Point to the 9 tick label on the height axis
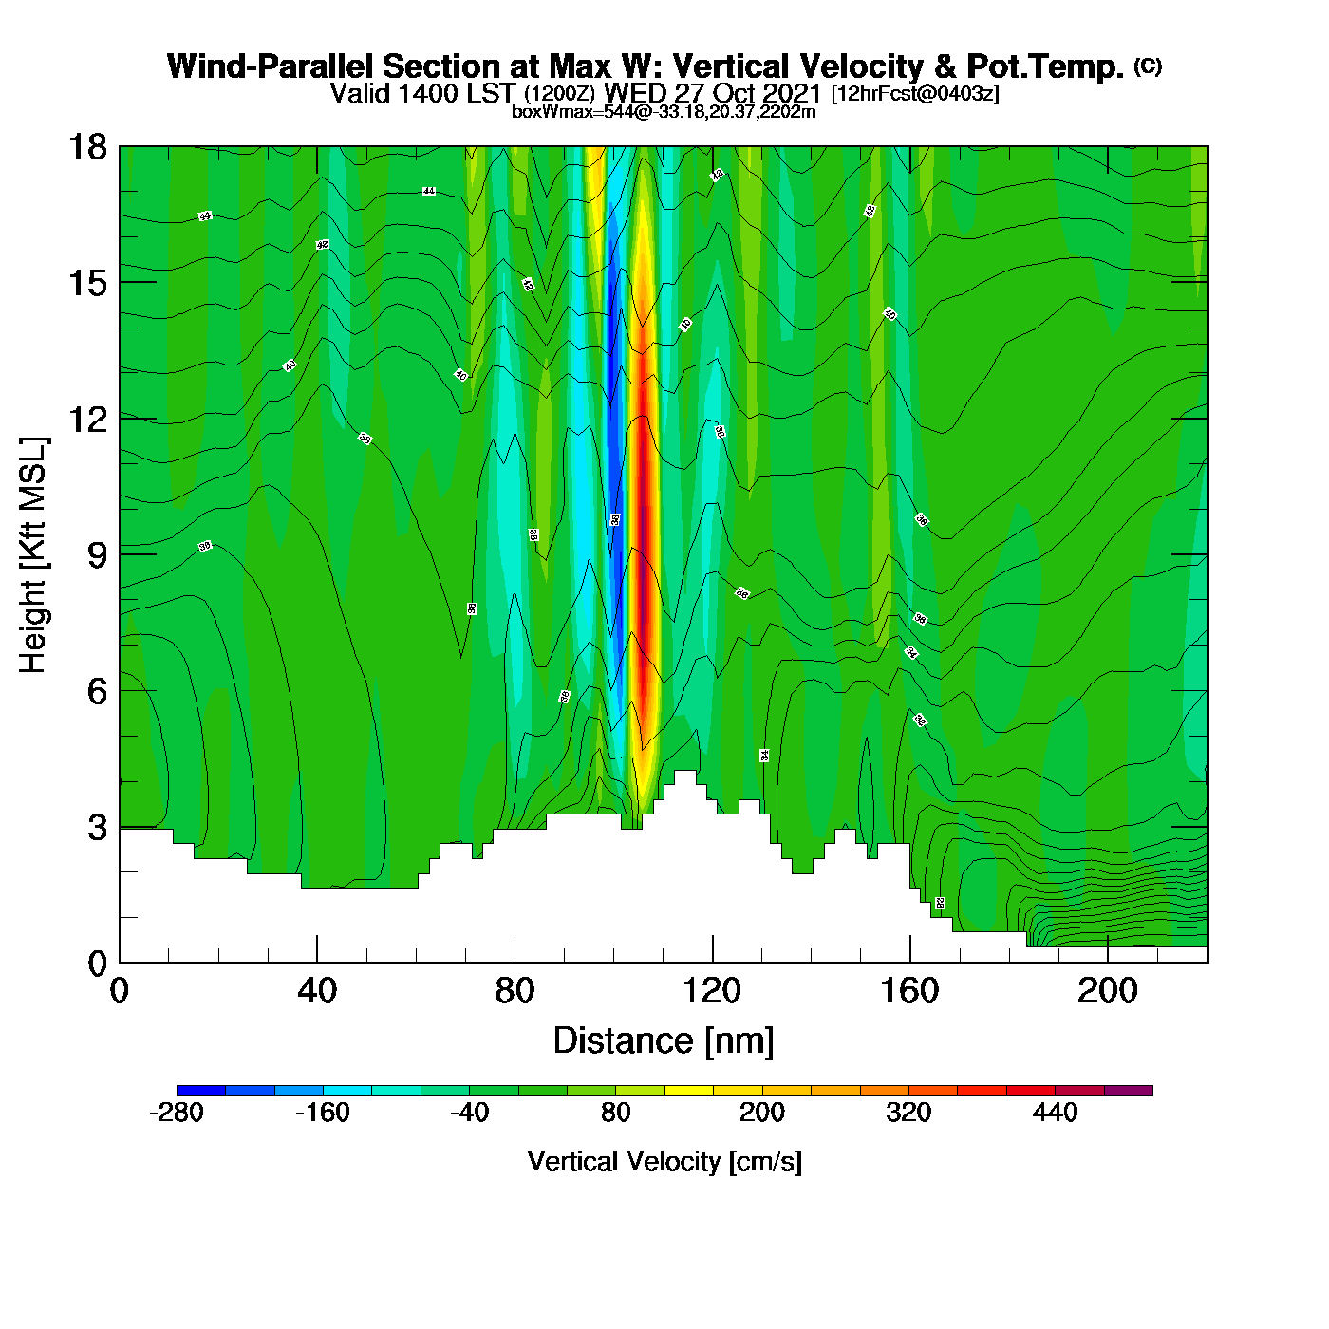coord(97,555)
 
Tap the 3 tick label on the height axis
coord(97,828)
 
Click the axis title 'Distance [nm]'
coord(664,1041)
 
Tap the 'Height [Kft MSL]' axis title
coord(33,555)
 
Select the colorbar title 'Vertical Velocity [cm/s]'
coord(664,1162)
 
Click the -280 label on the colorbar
coord(177,1113)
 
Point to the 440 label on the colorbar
coord(1055,1113)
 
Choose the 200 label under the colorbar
coord(762,1113)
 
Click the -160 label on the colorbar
coord(323,1113)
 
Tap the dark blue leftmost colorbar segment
coord(201,1091)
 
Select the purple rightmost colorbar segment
coord(1128,1091)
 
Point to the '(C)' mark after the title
coord(1148,66)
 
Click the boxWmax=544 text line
coord(664,111)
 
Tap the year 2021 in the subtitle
coord(790,94)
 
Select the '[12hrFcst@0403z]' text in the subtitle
coord(915,94)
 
